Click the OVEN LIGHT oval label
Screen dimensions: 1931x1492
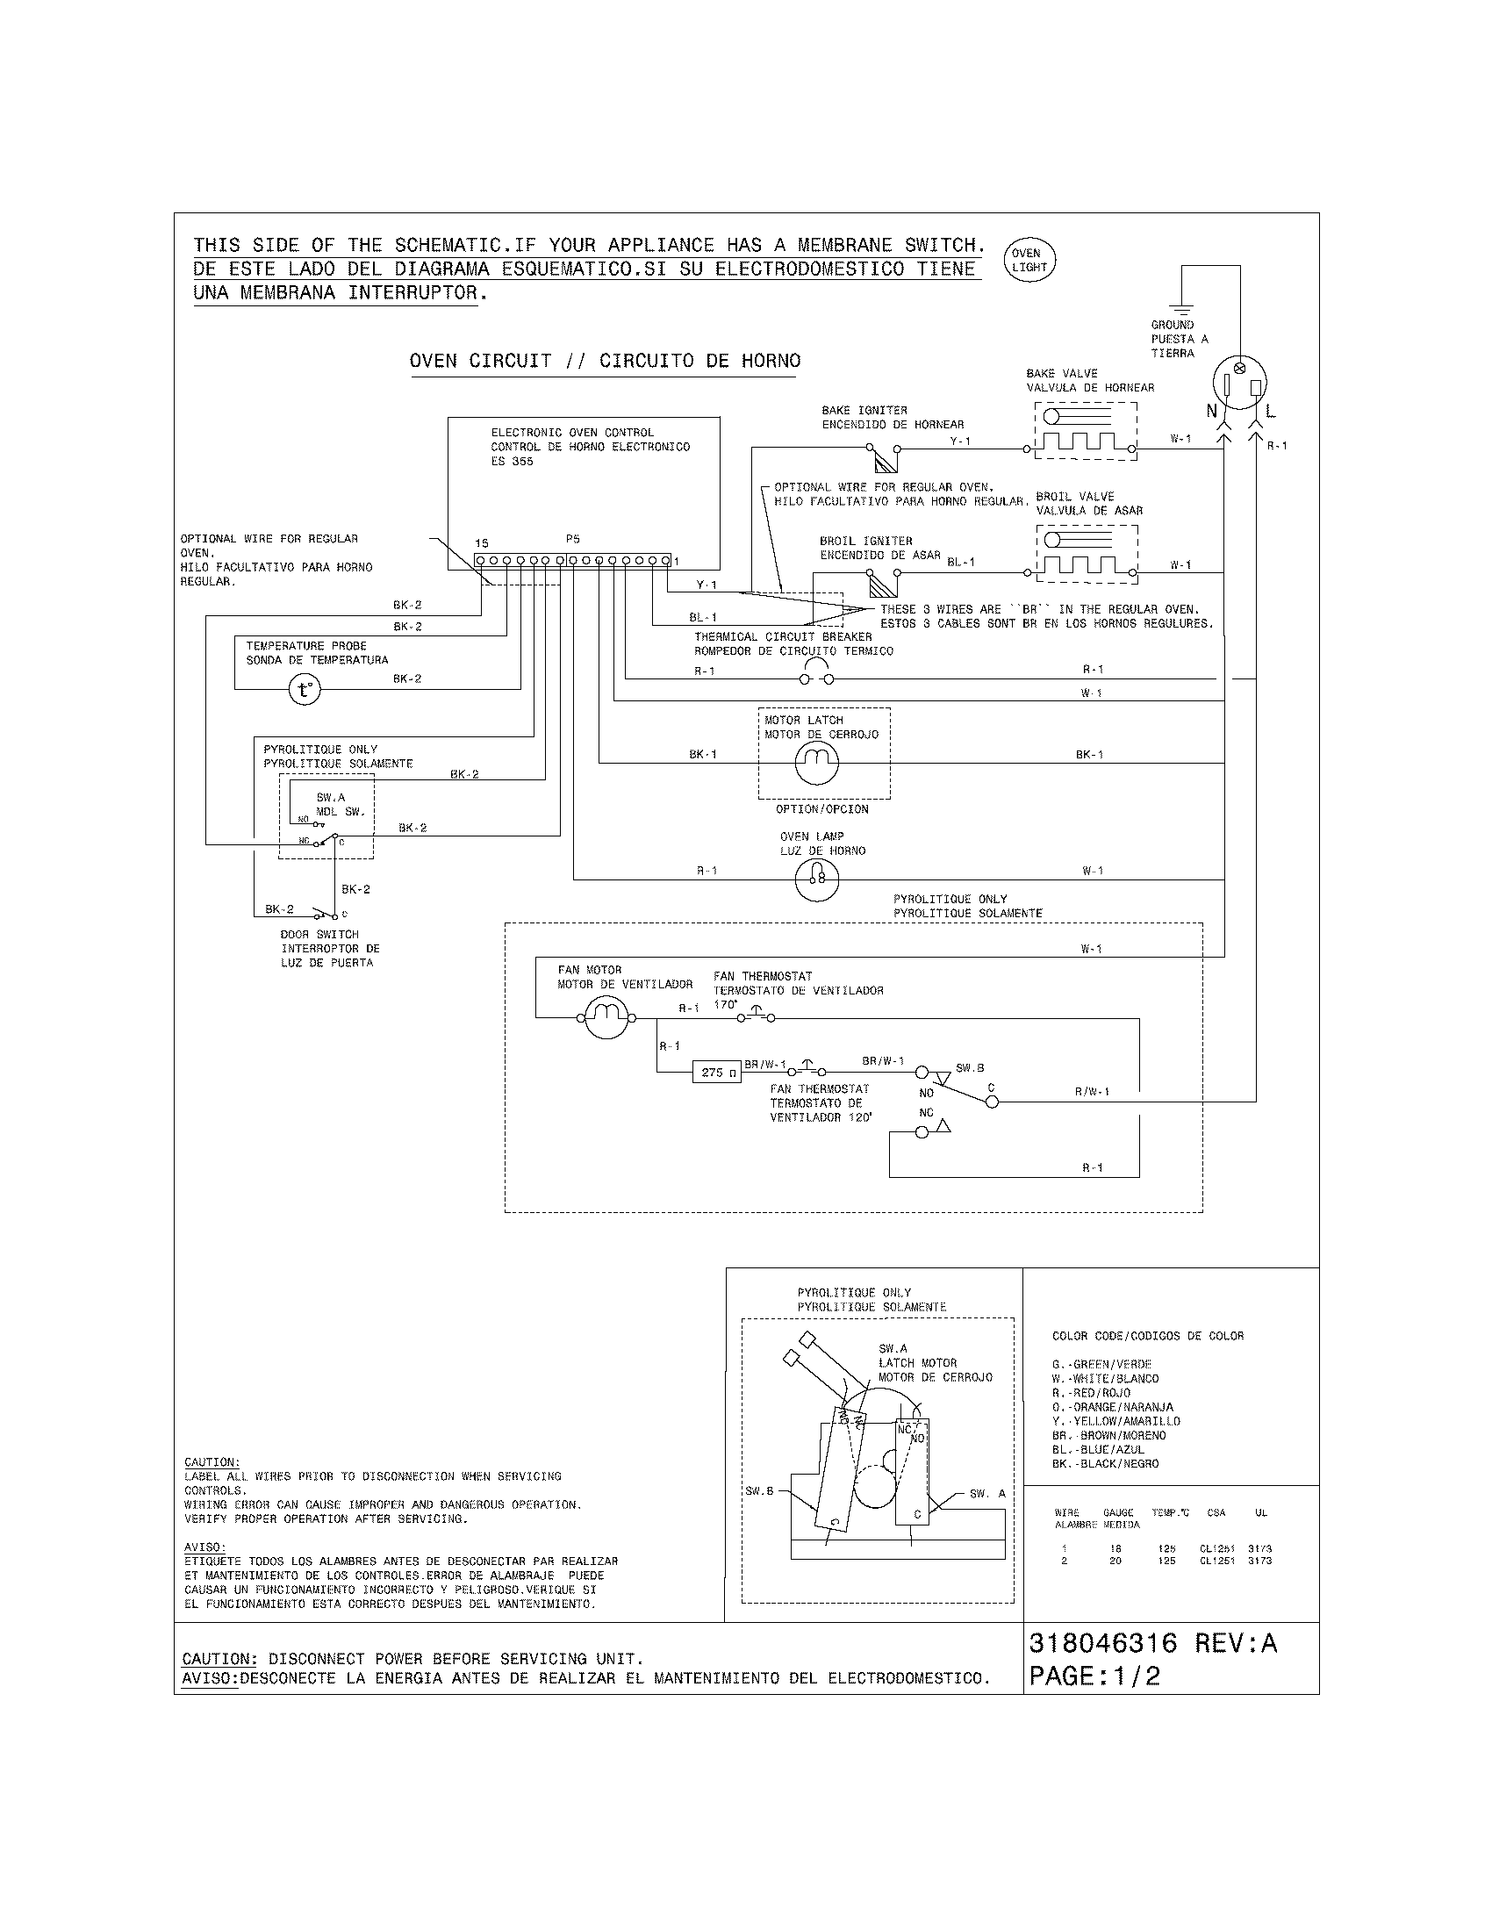point(1029,260)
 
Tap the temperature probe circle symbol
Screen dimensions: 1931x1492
point(304,690)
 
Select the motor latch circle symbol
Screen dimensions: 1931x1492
point(817,762)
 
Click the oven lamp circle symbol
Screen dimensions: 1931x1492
point(817,879)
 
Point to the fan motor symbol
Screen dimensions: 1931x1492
point(606,1016)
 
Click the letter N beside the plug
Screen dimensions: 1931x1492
point(1212,411)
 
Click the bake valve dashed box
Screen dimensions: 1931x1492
point(1086,431)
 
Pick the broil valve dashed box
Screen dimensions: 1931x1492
point(1086,554)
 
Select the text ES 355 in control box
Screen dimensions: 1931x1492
point(512,462)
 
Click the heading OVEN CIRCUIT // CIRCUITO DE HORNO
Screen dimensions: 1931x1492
point(605,361)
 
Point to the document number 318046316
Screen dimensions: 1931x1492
point(1103,1642)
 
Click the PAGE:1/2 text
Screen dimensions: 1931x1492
point(1094,1676)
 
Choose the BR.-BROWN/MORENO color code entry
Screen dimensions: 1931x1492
point(1108,1435)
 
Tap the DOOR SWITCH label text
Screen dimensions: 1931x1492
point(320,934)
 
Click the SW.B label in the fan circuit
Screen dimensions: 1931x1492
point(970,1068)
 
